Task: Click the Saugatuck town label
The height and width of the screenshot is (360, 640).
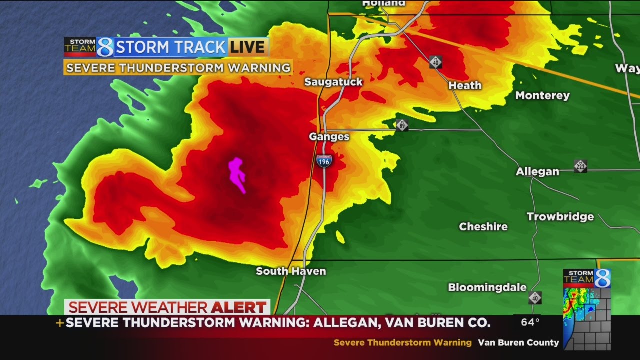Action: tap(333, 82)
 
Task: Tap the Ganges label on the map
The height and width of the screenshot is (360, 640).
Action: tap(329, 136)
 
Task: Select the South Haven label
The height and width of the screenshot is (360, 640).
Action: tap(291, 271)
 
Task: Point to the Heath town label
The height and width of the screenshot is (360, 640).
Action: tap(465, 85)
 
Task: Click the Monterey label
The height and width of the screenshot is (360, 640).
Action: tap(542, 95)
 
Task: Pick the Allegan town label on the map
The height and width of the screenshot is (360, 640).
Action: tap(537, 172)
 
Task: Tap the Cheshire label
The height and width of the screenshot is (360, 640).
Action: tap(483, 226)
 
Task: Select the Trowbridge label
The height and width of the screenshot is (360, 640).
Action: tap(560, 217)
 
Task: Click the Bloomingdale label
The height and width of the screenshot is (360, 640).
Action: tap(487, 287)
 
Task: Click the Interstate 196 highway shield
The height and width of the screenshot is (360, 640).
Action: tap(324, 161)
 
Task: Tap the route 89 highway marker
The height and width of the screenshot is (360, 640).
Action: tap(402, 125)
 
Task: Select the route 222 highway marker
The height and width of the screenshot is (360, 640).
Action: tap(580, 166)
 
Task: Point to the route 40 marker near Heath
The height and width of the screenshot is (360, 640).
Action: tap(435, 62)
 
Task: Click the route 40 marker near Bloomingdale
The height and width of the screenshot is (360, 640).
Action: tap(535, 298)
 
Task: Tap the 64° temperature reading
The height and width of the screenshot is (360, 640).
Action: tap(530, 322)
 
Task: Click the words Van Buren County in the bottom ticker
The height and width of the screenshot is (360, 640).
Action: tap(518, 343)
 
